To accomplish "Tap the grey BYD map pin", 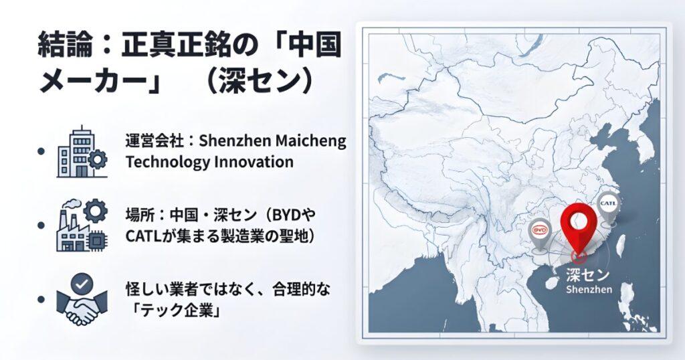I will [x=539, y=231].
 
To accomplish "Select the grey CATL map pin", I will [x=609, y=203].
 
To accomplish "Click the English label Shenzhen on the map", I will [x=589, y=289].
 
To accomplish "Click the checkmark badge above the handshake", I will [x=82, y=284].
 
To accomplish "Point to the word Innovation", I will [x=249, y=162].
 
